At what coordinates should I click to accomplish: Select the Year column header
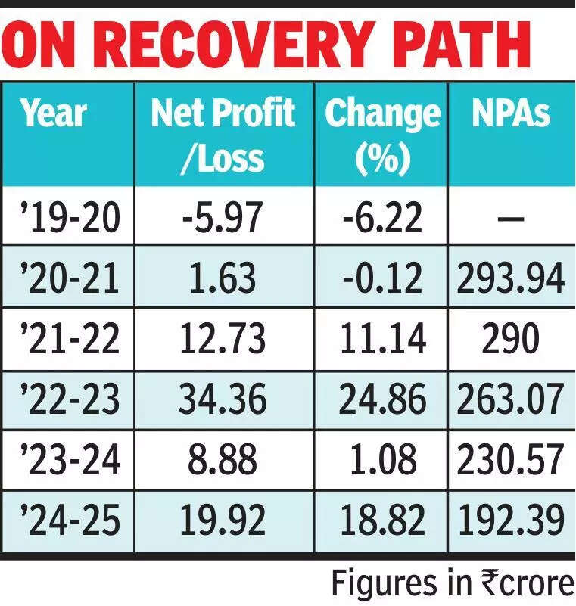(54, 114)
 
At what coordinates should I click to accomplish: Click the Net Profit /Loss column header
(223, 135)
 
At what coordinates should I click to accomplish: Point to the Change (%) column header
(382, 135)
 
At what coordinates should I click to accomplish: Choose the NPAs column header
(511, 114)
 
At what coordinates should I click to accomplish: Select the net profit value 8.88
(223, 460)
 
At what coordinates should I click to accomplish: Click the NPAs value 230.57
(511, 460)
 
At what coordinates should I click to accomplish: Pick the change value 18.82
(382, 521)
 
